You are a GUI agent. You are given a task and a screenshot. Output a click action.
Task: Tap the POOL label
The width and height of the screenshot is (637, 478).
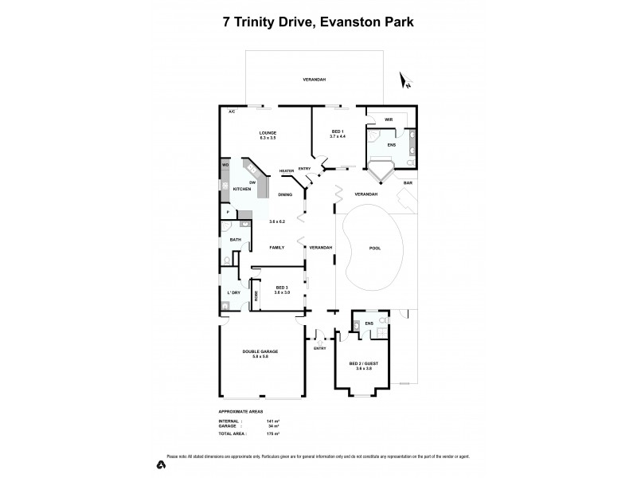[374, 248]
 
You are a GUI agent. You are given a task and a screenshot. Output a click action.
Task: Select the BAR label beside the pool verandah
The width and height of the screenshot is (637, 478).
[408, 183]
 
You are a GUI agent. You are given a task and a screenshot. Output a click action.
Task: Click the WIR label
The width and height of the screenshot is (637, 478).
[389, 119]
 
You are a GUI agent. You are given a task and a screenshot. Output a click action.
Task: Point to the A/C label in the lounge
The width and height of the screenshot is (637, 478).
[232, 112]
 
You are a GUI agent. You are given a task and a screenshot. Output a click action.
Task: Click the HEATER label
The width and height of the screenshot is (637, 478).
[287, 170]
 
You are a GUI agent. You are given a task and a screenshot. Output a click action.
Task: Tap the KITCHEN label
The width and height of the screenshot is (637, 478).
[241, 190]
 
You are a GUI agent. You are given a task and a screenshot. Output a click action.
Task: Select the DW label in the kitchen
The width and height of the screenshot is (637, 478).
[252, 183]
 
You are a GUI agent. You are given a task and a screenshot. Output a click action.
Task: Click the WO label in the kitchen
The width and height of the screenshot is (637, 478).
[225, 165]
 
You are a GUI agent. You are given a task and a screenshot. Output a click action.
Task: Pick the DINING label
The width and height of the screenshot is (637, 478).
[285, 194]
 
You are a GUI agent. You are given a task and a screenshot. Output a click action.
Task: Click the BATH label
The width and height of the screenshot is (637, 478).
[235, 240]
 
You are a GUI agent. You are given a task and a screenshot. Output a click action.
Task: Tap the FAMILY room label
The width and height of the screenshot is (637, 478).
[277, 248]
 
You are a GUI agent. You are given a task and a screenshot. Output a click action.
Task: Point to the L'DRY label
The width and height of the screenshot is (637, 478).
[233, 292]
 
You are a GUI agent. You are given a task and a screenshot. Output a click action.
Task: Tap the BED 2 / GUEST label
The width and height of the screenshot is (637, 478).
[363, 363]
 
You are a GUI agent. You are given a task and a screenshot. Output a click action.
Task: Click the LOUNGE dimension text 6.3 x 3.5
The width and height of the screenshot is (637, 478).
[267, 139]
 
